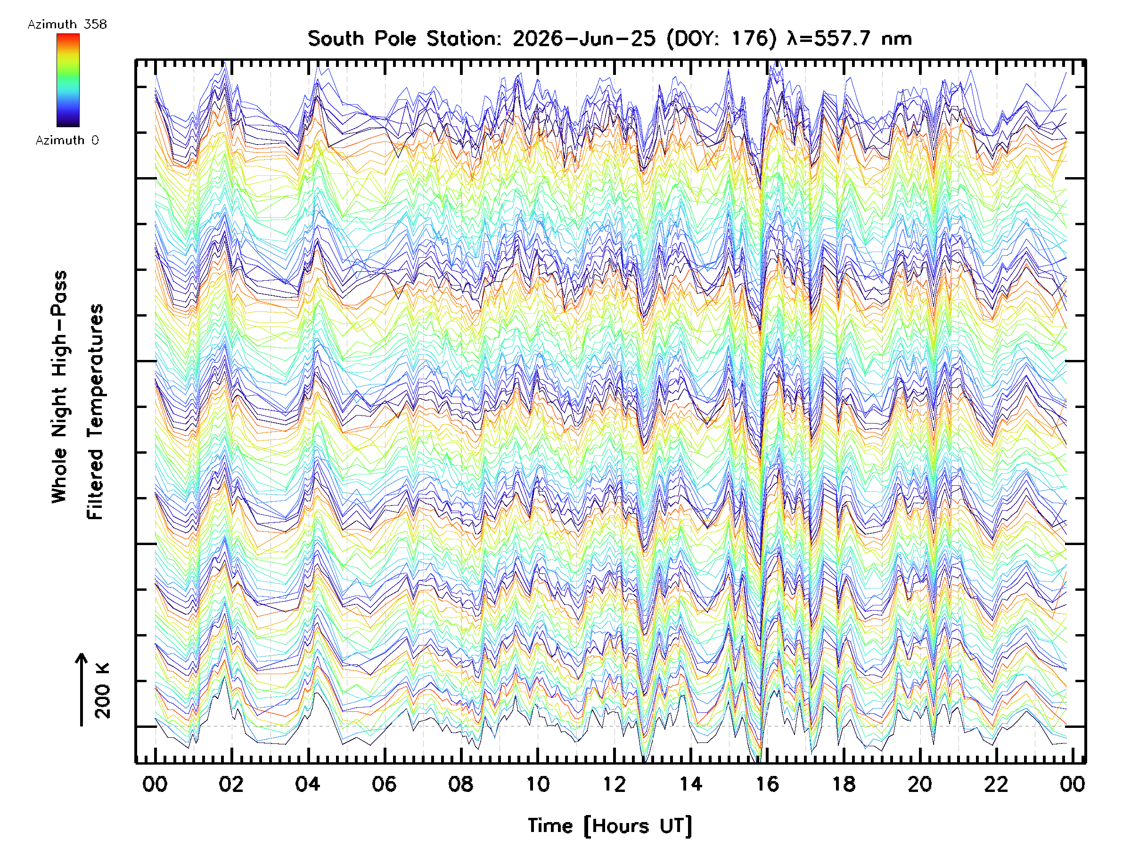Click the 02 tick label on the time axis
pos(231,784)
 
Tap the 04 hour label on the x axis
pos(308,784)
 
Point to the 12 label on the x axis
pos(614,784)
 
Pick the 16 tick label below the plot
pos(767,784)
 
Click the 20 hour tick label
pos(920,784)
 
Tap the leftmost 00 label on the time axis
pos(155,784)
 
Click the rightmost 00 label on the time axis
pos(1072,784)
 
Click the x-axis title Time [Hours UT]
pos(610,826)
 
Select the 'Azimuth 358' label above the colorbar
pos(67,24)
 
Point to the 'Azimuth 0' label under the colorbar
pos(67,140)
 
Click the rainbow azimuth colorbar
pos(68,80)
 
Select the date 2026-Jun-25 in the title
pos(584,39)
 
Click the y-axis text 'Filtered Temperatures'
pos(95,412)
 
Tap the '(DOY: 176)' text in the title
pos(721,39)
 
